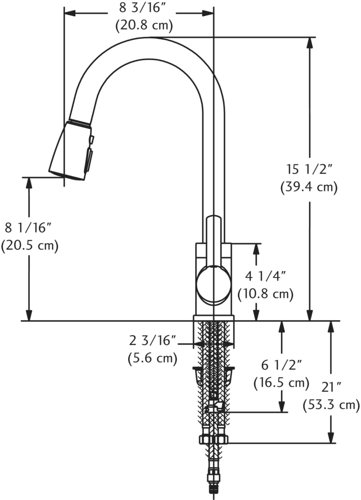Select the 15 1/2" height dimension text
(309, 169)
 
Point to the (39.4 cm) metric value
(309, 187)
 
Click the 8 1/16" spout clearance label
(28, 228)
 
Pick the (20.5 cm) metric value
(29, 245)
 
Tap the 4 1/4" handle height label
(265, 275)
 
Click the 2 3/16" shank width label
(152, 341)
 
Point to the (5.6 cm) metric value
(152, 358)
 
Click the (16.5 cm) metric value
(280, 383)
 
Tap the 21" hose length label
(331, 386)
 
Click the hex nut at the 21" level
(213, 440)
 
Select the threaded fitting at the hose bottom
(213, 487)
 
